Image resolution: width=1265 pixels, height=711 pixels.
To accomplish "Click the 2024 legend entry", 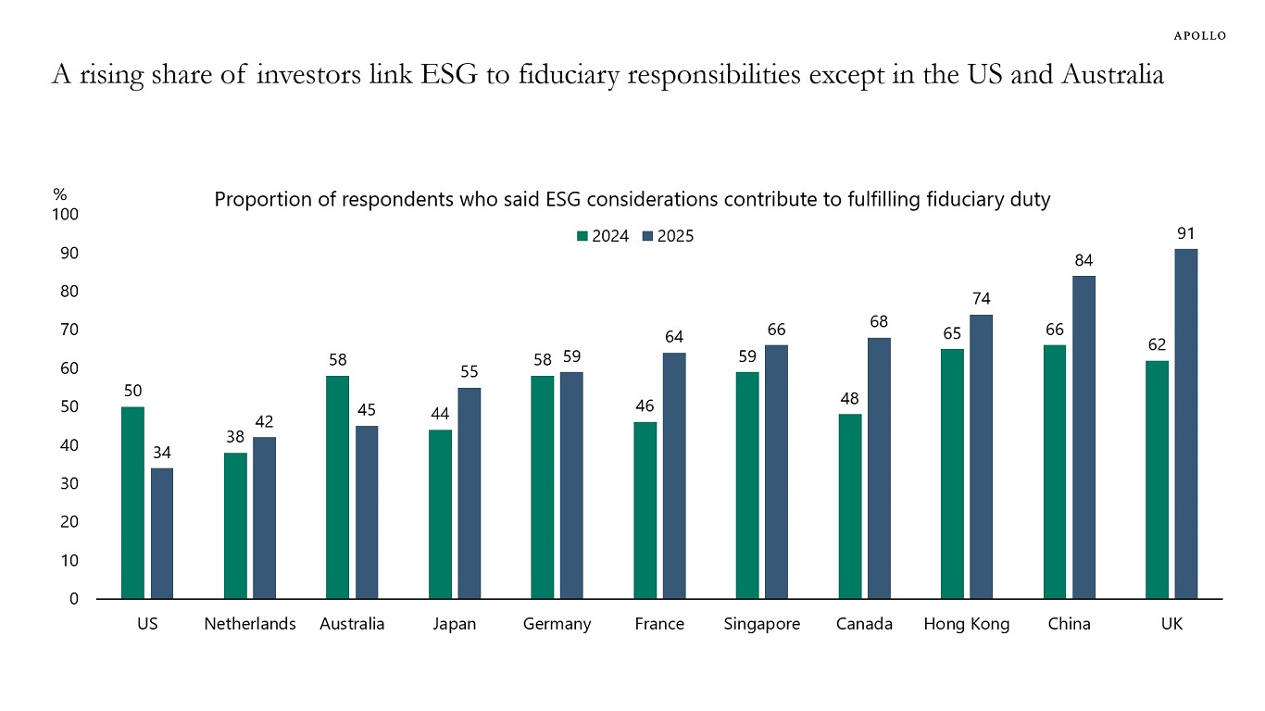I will (603, 236).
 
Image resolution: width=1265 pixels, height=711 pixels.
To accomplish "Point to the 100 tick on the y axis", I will (66, 215).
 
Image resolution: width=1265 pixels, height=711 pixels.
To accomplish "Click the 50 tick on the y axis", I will (69, 407).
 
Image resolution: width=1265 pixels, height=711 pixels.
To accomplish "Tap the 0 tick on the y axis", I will (74, 599).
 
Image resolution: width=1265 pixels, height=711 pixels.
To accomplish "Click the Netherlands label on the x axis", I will (250, 624).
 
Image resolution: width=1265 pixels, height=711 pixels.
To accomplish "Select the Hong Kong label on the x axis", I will (967, 624).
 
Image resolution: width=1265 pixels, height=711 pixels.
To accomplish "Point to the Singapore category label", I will (762, 624).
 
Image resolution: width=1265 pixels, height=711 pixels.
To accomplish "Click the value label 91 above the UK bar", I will (1186, 234).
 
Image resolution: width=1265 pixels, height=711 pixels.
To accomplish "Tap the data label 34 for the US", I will (162, 454).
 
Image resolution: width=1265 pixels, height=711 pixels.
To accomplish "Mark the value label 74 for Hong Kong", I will (982, 299).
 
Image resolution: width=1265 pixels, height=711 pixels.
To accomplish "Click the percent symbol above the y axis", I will (60, 195).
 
